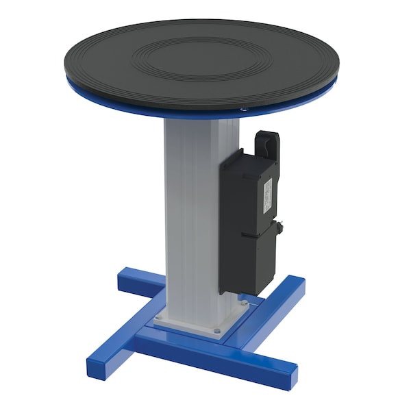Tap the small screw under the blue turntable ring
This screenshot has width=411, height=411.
(x=242, y=108)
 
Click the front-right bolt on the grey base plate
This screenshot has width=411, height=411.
(x=216, y=331)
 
